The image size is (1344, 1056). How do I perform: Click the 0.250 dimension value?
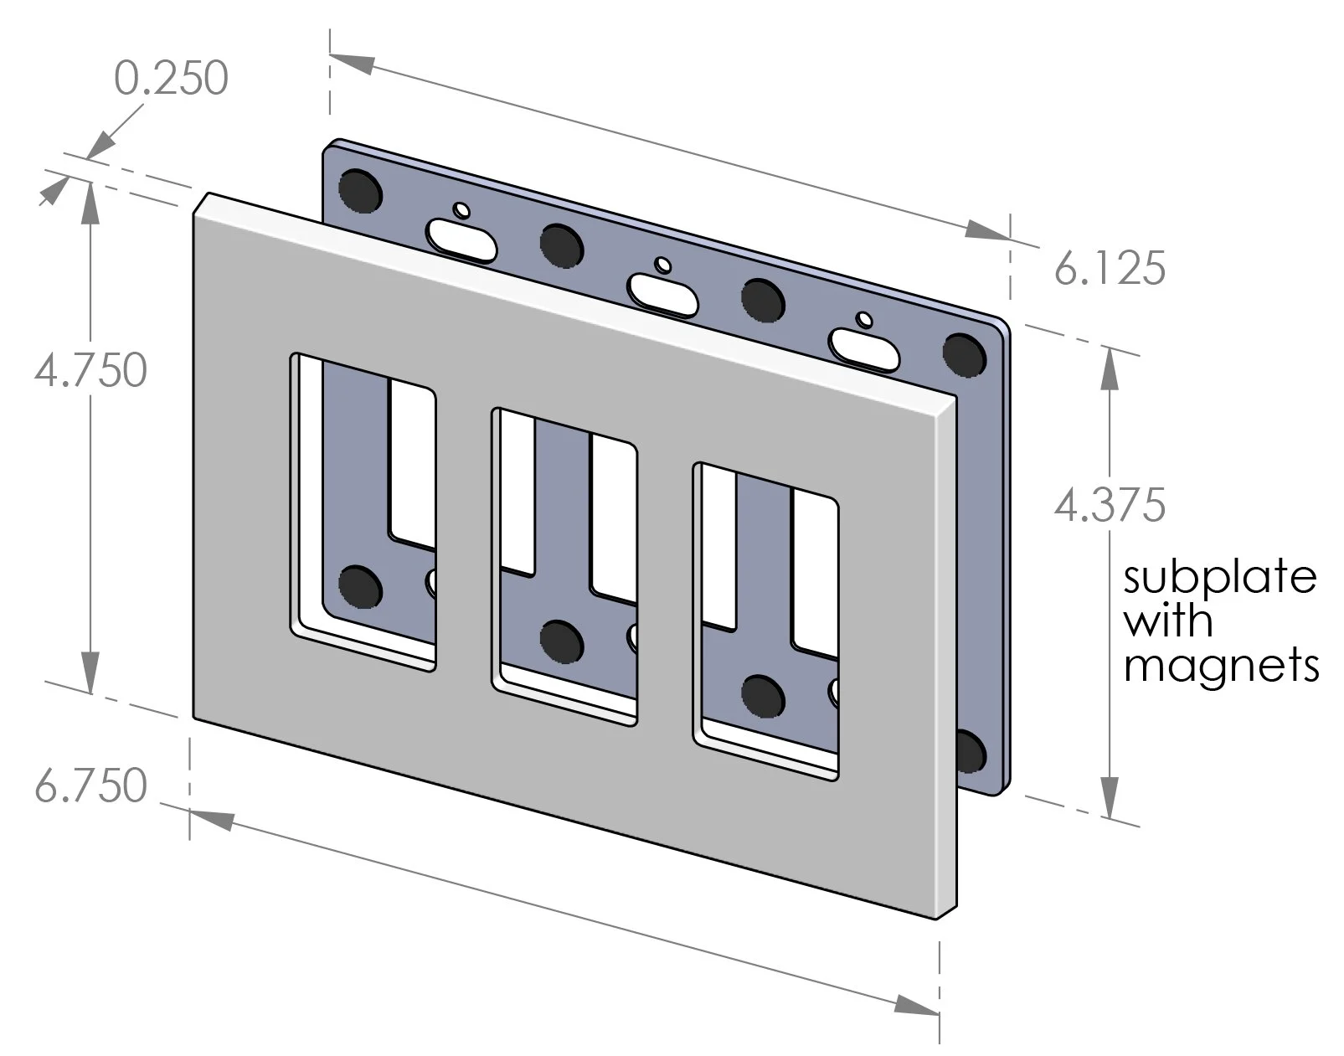172,79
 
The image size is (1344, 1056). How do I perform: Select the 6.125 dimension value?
1109,270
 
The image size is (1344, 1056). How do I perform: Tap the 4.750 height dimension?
90,370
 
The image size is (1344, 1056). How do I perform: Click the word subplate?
1218,578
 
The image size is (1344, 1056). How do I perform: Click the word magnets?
1221,666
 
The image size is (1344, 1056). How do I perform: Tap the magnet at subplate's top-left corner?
361,191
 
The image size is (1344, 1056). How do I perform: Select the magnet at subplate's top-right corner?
964,353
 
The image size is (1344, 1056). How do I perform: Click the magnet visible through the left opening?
360,586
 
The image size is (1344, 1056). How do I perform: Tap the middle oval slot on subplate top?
662,294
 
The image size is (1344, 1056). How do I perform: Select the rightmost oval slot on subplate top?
863,349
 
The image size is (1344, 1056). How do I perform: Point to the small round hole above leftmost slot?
461,209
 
